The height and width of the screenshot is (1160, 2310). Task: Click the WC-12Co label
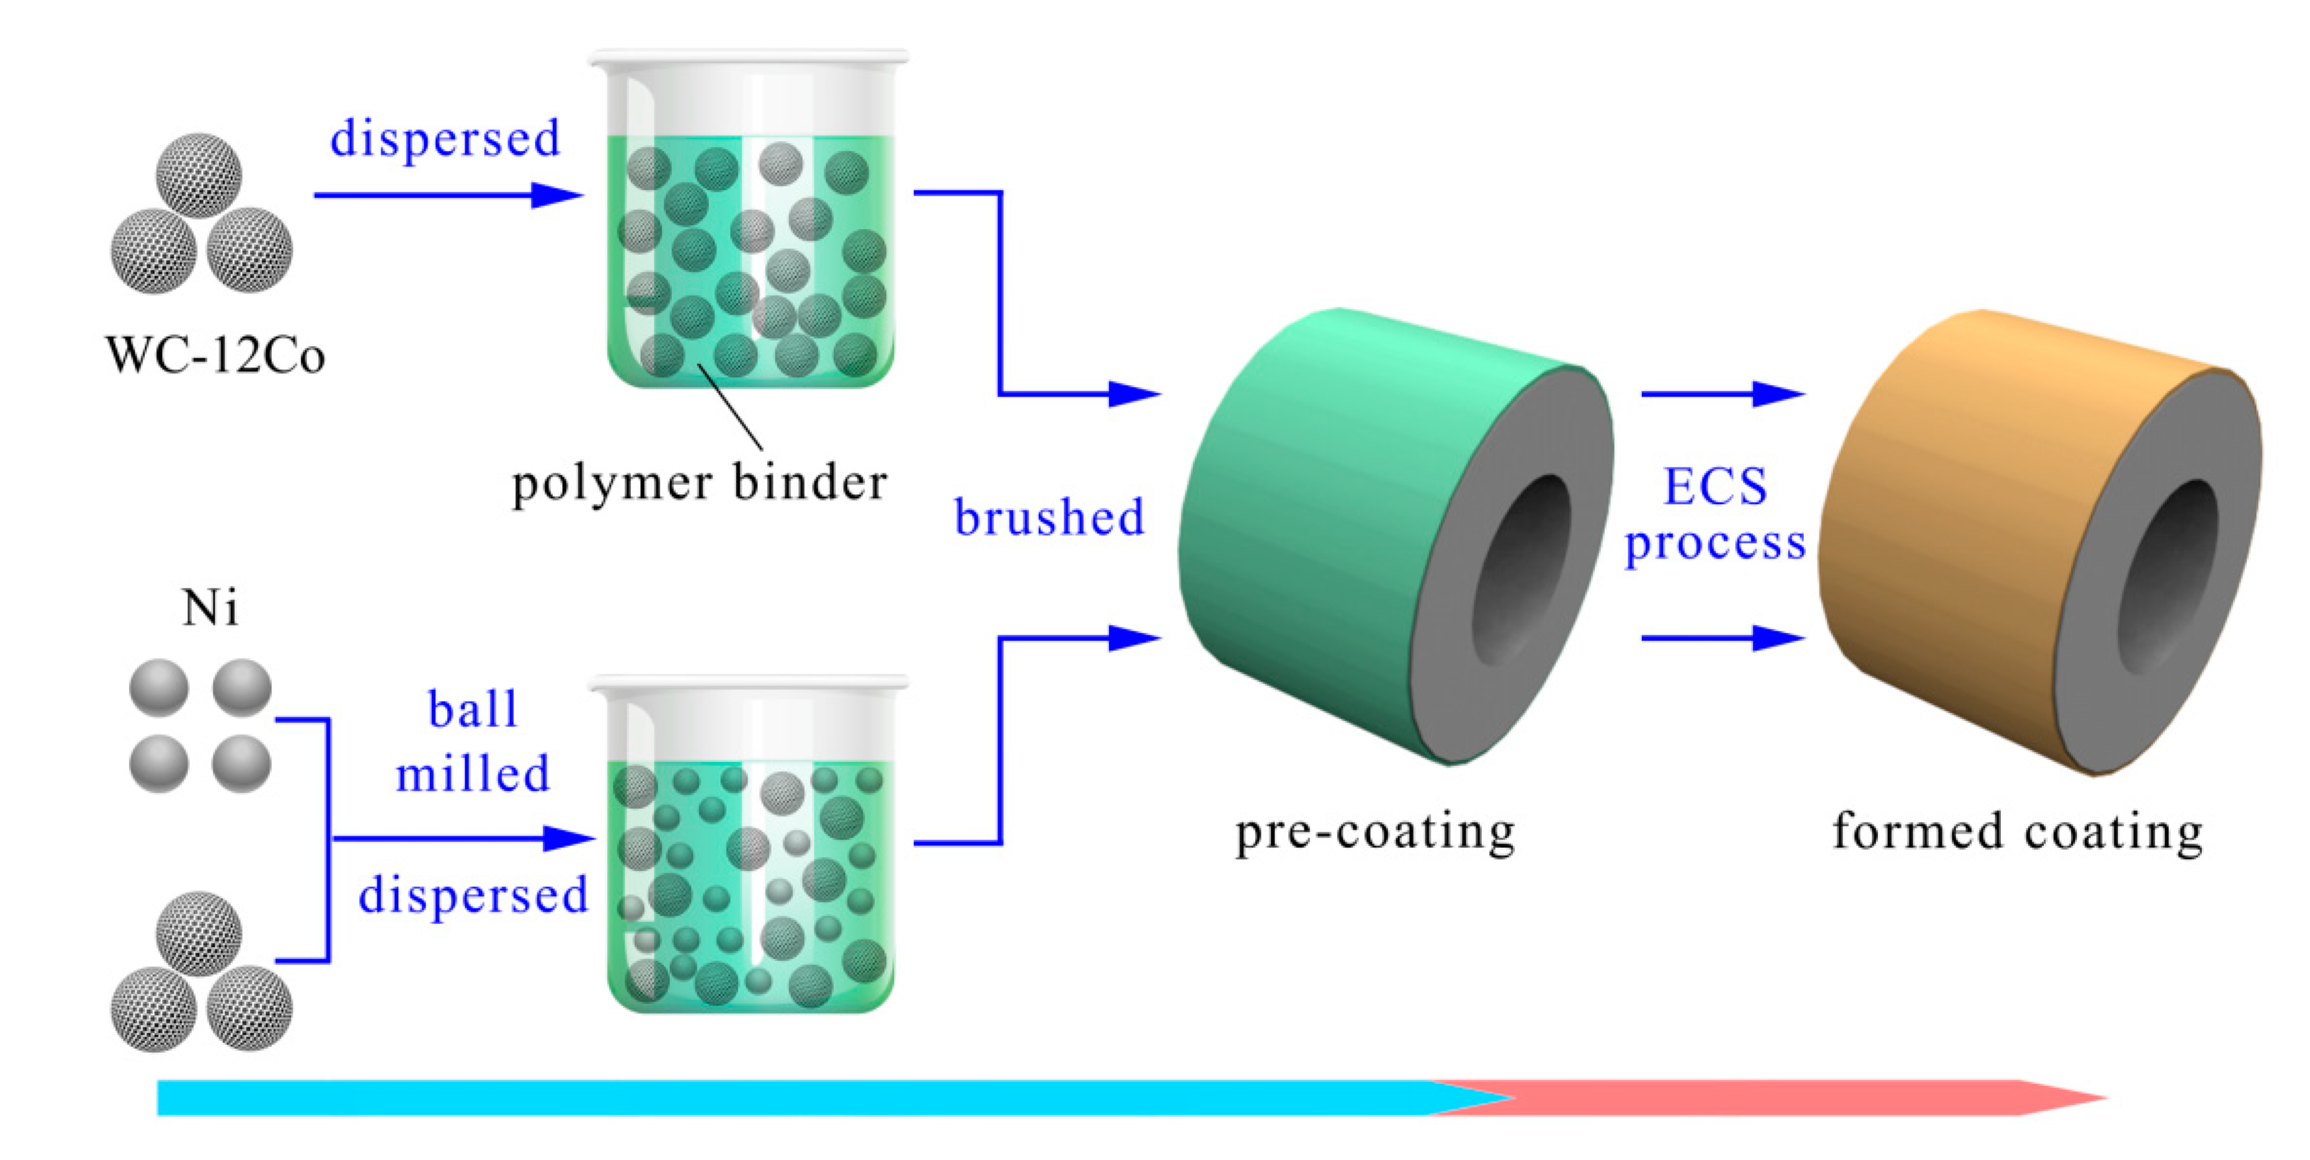215,356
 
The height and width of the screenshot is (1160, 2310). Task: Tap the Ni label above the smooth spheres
210,609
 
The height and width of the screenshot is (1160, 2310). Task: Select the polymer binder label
699,484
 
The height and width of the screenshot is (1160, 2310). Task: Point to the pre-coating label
1375,832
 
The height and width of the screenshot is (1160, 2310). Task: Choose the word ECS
1715,487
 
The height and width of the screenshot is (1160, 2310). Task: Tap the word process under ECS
1715,543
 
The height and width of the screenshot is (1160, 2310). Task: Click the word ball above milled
472,710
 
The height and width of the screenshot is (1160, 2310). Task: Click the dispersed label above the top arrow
445,139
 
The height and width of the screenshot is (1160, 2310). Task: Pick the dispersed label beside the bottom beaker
472,895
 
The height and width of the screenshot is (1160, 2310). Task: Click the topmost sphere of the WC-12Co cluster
199,175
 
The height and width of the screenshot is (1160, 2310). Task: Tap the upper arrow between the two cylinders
1722,393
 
